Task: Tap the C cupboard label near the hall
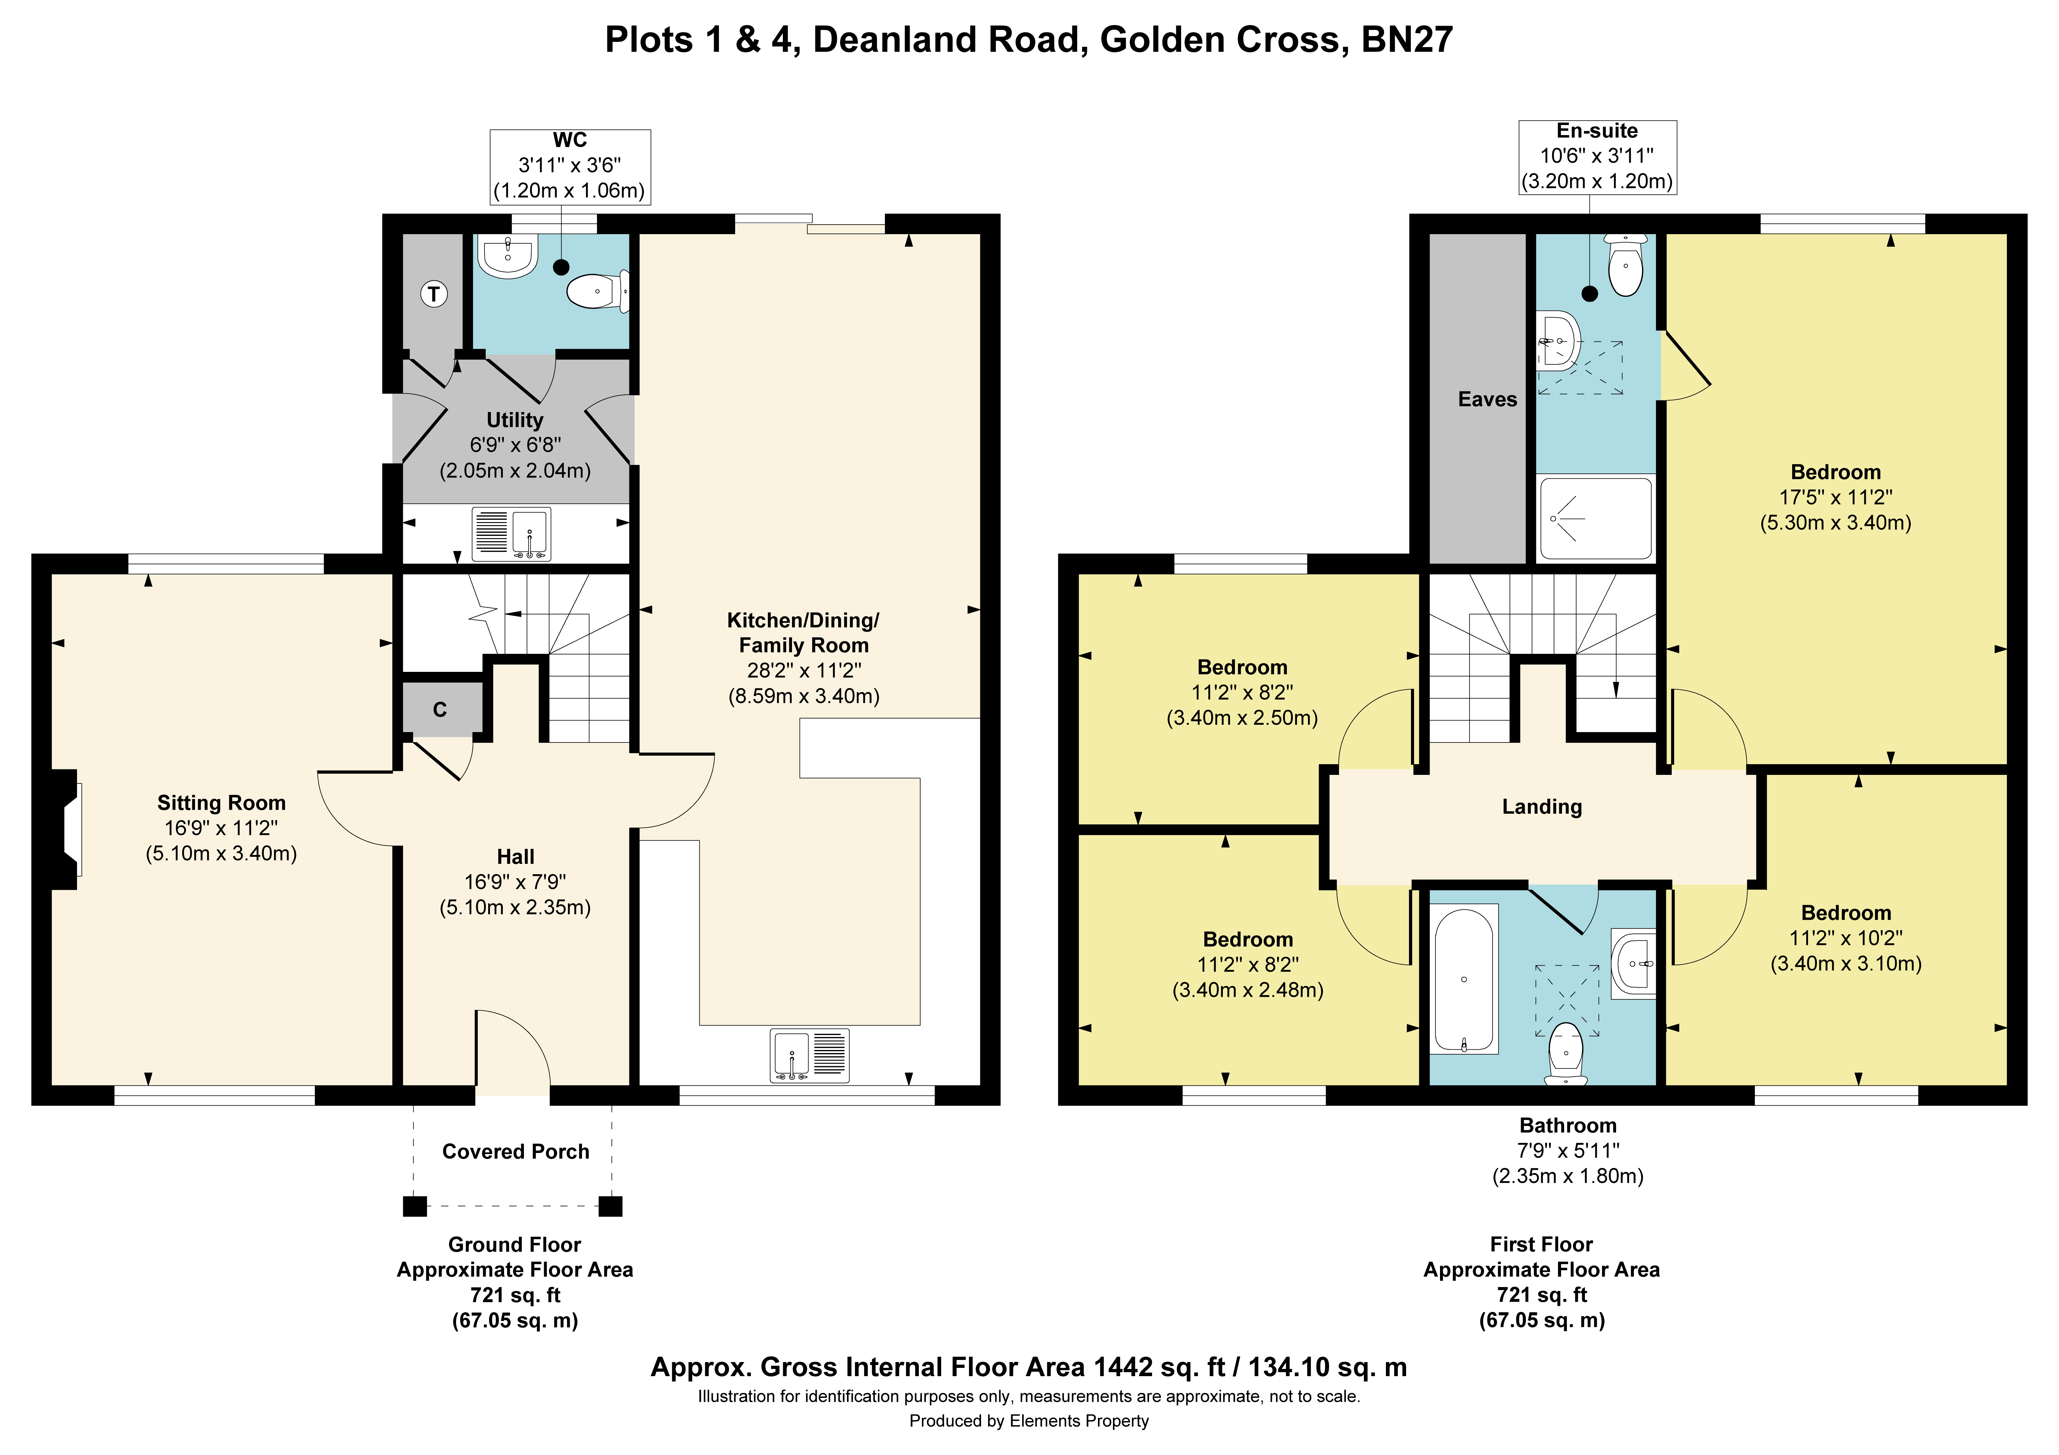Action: pyautogui.click(x=440, y=709)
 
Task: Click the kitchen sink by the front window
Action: pyautogui.click(x=809, y=1055)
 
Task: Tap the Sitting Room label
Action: pyautogui.click(x=222, y=803)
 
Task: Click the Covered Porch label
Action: pyautogui.click(x=516, y=1152)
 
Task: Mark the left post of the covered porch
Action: pyautogui.click(x=414, y=1206)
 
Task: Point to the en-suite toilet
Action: pyautogui.click(x=1625, y=266)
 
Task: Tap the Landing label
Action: pyautogui.click(x=1542, y=806)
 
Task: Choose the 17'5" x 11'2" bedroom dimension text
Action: pyautogui.click(x=1836, y=497)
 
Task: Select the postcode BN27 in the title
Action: pyautogui.click(x=1407, y=39)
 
